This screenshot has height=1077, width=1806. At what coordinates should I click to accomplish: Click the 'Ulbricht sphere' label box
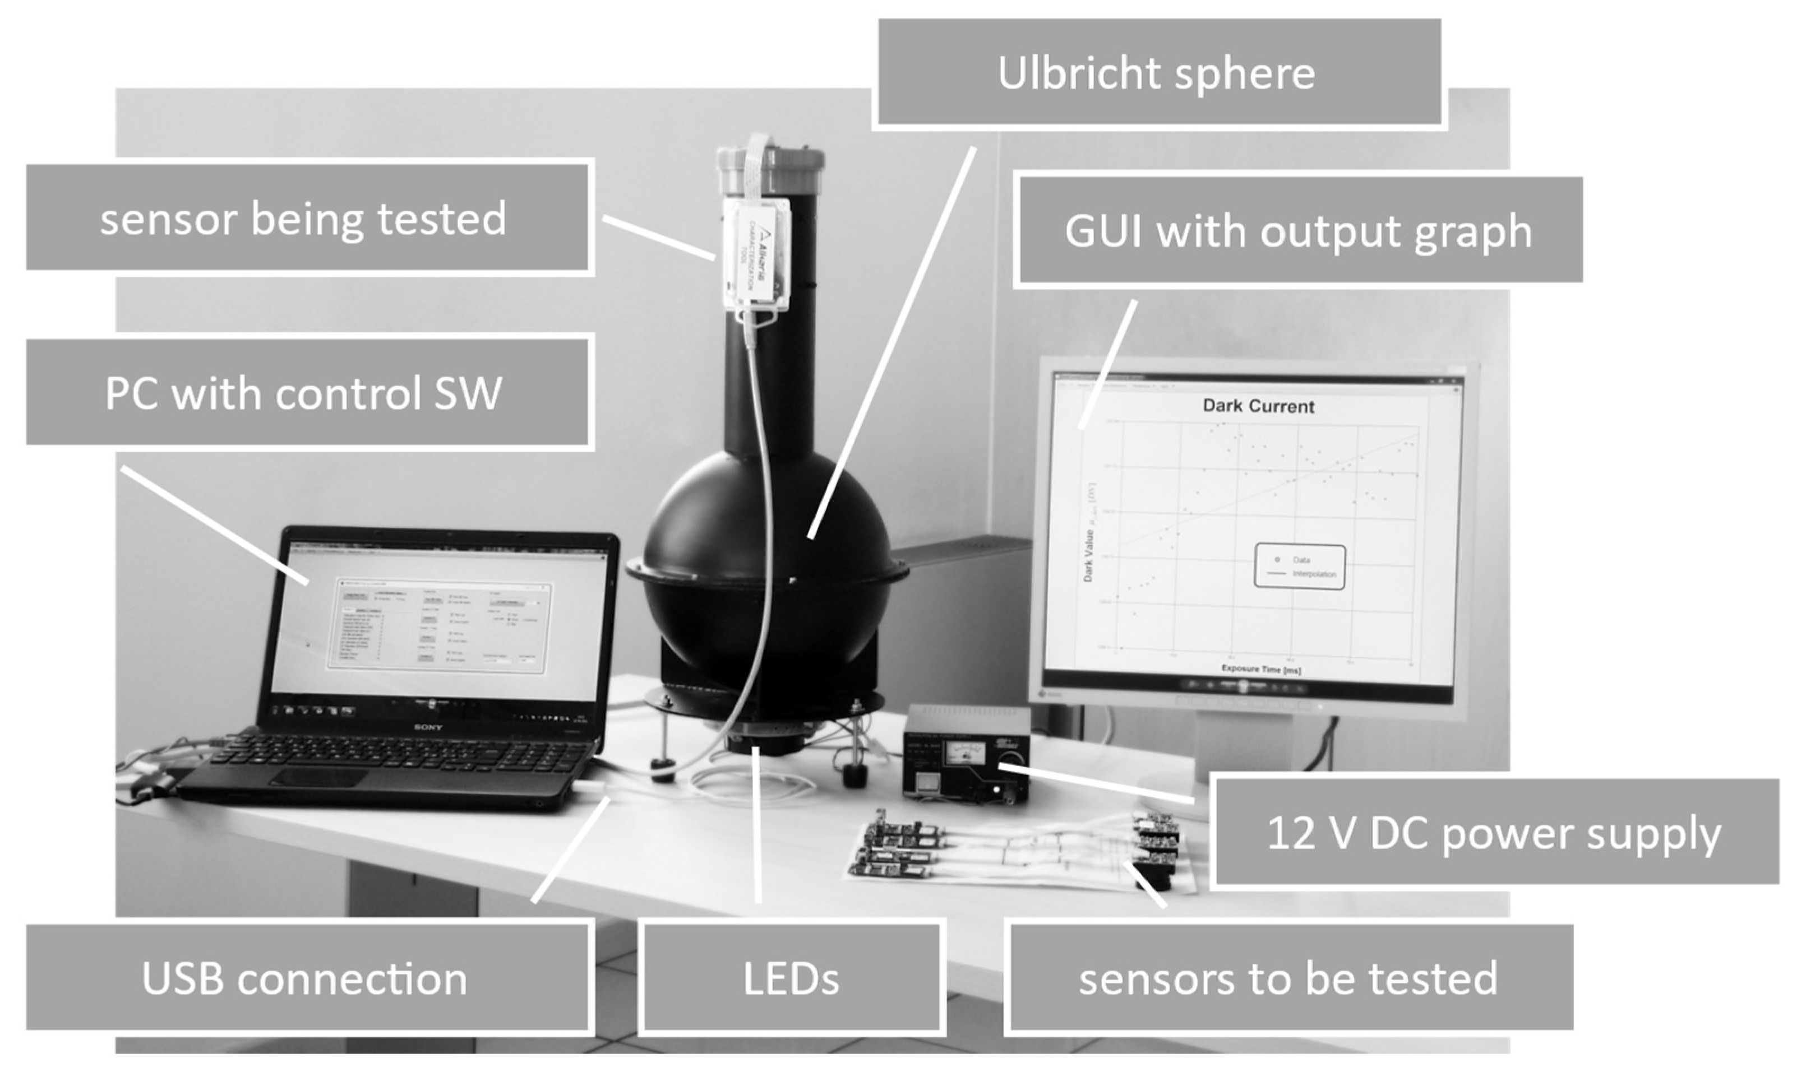1159,73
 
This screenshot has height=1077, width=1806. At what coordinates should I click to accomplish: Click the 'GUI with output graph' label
1299,230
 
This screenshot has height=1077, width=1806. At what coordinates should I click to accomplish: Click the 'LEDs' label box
792,978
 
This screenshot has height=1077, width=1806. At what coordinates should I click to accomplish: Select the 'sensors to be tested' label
1288,978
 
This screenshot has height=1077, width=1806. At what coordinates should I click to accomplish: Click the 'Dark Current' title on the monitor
1258,406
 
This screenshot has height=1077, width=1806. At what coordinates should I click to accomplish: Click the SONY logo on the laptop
428,726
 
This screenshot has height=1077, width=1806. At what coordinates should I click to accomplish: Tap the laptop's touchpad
320,778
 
